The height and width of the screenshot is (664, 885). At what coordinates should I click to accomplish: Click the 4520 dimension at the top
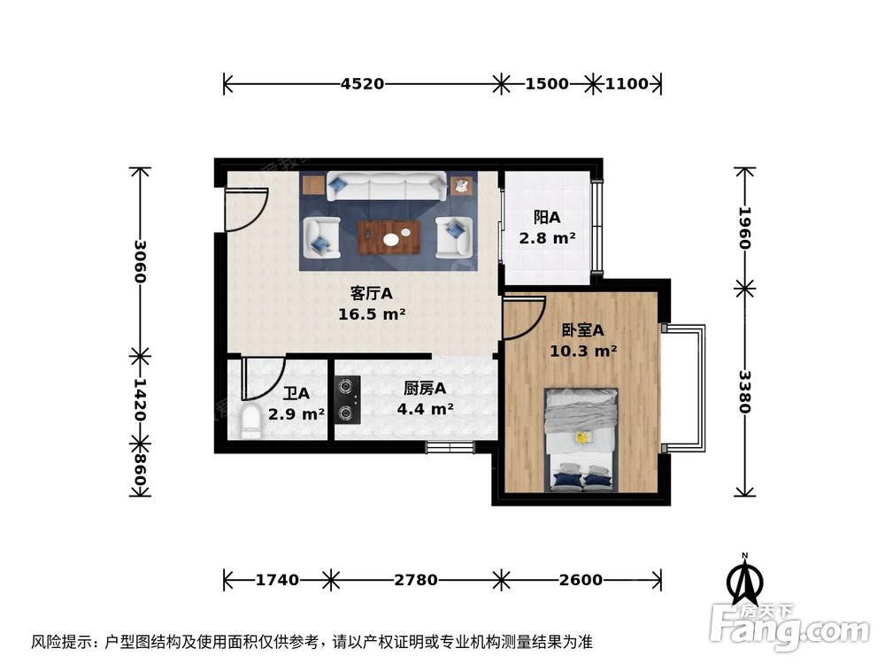(x=362, y=84)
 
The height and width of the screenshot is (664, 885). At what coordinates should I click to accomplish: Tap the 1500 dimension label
(x=546, y=84)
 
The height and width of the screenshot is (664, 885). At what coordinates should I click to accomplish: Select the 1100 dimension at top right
(x=627, y=84)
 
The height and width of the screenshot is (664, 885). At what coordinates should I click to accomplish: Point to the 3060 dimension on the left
(x=140, y=263)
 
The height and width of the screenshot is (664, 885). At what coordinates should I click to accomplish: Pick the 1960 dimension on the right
(x=744, y=228)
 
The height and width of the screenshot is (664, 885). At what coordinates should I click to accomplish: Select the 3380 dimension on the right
(x=744, y=392)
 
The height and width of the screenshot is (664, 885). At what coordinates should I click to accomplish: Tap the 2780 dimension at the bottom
(x=415, y=581)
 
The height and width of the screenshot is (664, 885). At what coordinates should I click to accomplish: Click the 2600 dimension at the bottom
(x=581, y=581)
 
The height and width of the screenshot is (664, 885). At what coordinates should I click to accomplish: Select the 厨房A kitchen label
(x=424, y=388)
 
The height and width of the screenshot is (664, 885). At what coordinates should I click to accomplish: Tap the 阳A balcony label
(x=547, y=217)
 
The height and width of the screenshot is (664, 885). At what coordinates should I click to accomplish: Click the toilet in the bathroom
(x=251, y=421)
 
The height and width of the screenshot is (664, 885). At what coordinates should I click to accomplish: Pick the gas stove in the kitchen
(x=348, y=398)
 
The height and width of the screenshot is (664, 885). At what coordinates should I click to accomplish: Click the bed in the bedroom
(x=581, y=439)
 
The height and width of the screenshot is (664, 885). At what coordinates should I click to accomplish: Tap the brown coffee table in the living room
(x=389, y=236)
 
